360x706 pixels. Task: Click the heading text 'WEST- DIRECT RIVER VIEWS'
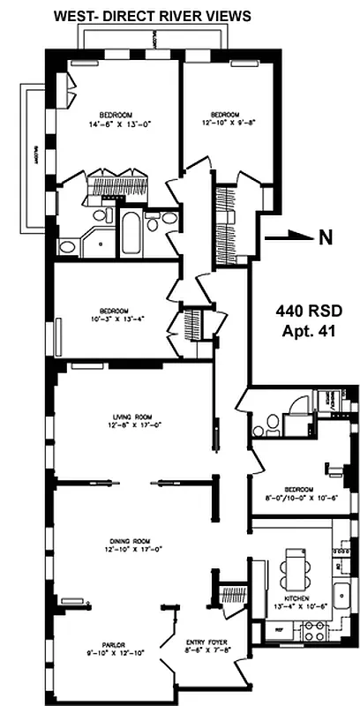coord(152,15)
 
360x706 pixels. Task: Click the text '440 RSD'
coord(307,311)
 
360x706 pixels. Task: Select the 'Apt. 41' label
coord(307,332)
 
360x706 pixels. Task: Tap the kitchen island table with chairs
coord(295,569)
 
